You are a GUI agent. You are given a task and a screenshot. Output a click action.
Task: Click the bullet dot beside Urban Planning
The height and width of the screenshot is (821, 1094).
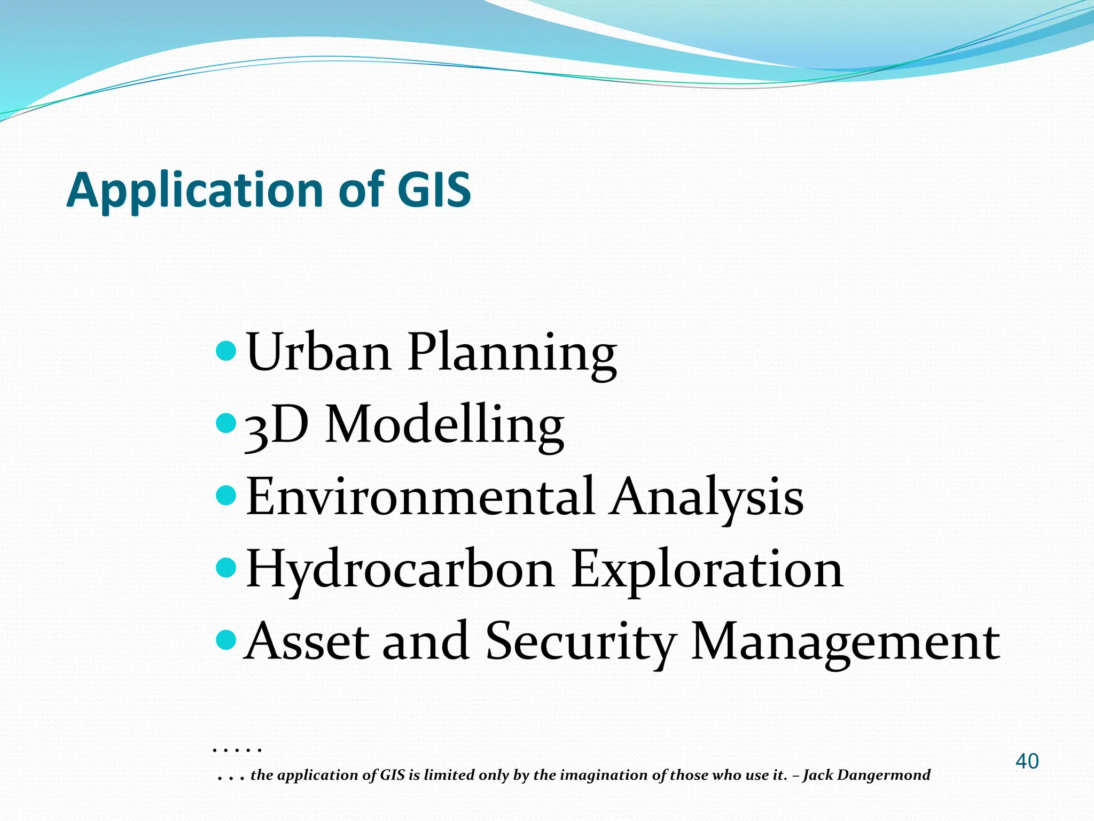coord(226,351)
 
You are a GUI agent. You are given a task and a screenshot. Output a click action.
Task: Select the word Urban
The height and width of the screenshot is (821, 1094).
coord(319,352)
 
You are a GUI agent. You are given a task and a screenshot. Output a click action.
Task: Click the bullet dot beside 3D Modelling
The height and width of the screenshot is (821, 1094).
coord(226,423)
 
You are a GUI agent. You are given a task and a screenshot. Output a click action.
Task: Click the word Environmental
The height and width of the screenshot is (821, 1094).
coord(420,497)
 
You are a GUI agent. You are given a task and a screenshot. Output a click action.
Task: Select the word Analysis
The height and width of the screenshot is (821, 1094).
coord(707,498)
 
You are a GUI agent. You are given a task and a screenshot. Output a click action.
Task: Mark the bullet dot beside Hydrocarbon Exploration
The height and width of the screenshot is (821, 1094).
coord(226,567)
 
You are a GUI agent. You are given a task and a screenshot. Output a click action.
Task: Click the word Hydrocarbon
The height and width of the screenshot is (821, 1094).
coord(400,570)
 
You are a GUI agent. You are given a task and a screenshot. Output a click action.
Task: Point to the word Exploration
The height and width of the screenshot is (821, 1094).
coord(707,570)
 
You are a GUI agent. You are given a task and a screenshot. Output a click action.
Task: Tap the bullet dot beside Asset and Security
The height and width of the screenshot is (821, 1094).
coord(226,639)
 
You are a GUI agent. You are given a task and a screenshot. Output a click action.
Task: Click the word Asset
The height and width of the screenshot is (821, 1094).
coord(307,641)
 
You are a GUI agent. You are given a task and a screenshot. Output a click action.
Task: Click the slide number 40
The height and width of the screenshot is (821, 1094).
coord(1027,761)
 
